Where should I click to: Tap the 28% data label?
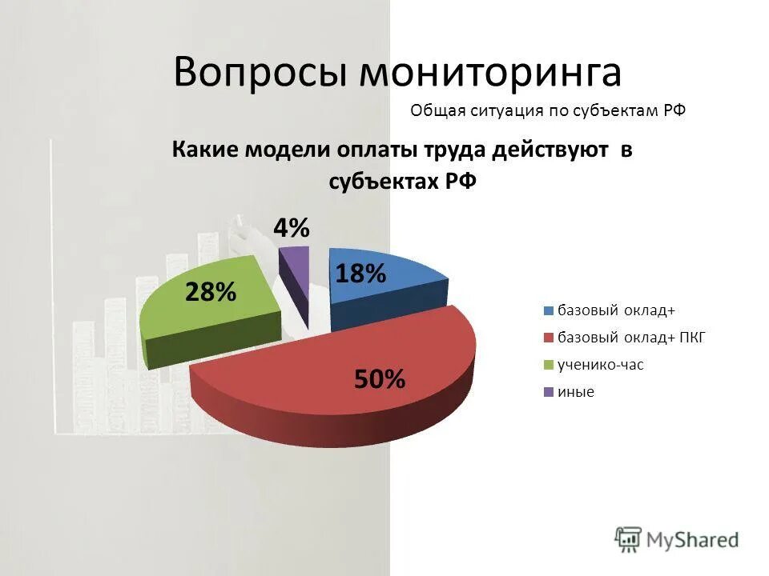point(211,292)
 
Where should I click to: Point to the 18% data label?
point(360,274)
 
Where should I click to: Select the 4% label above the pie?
point(292,228)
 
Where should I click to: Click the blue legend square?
point(549,311)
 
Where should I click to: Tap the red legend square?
point(549,338)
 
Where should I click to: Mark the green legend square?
point(549,366)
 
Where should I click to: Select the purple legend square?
point(549,393)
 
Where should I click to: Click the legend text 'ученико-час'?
point(601,366)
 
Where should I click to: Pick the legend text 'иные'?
point(576,393)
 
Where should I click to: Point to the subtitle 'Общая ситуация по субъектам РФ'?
point(548,111)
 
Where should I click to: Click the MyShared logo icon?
point(629,540)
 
